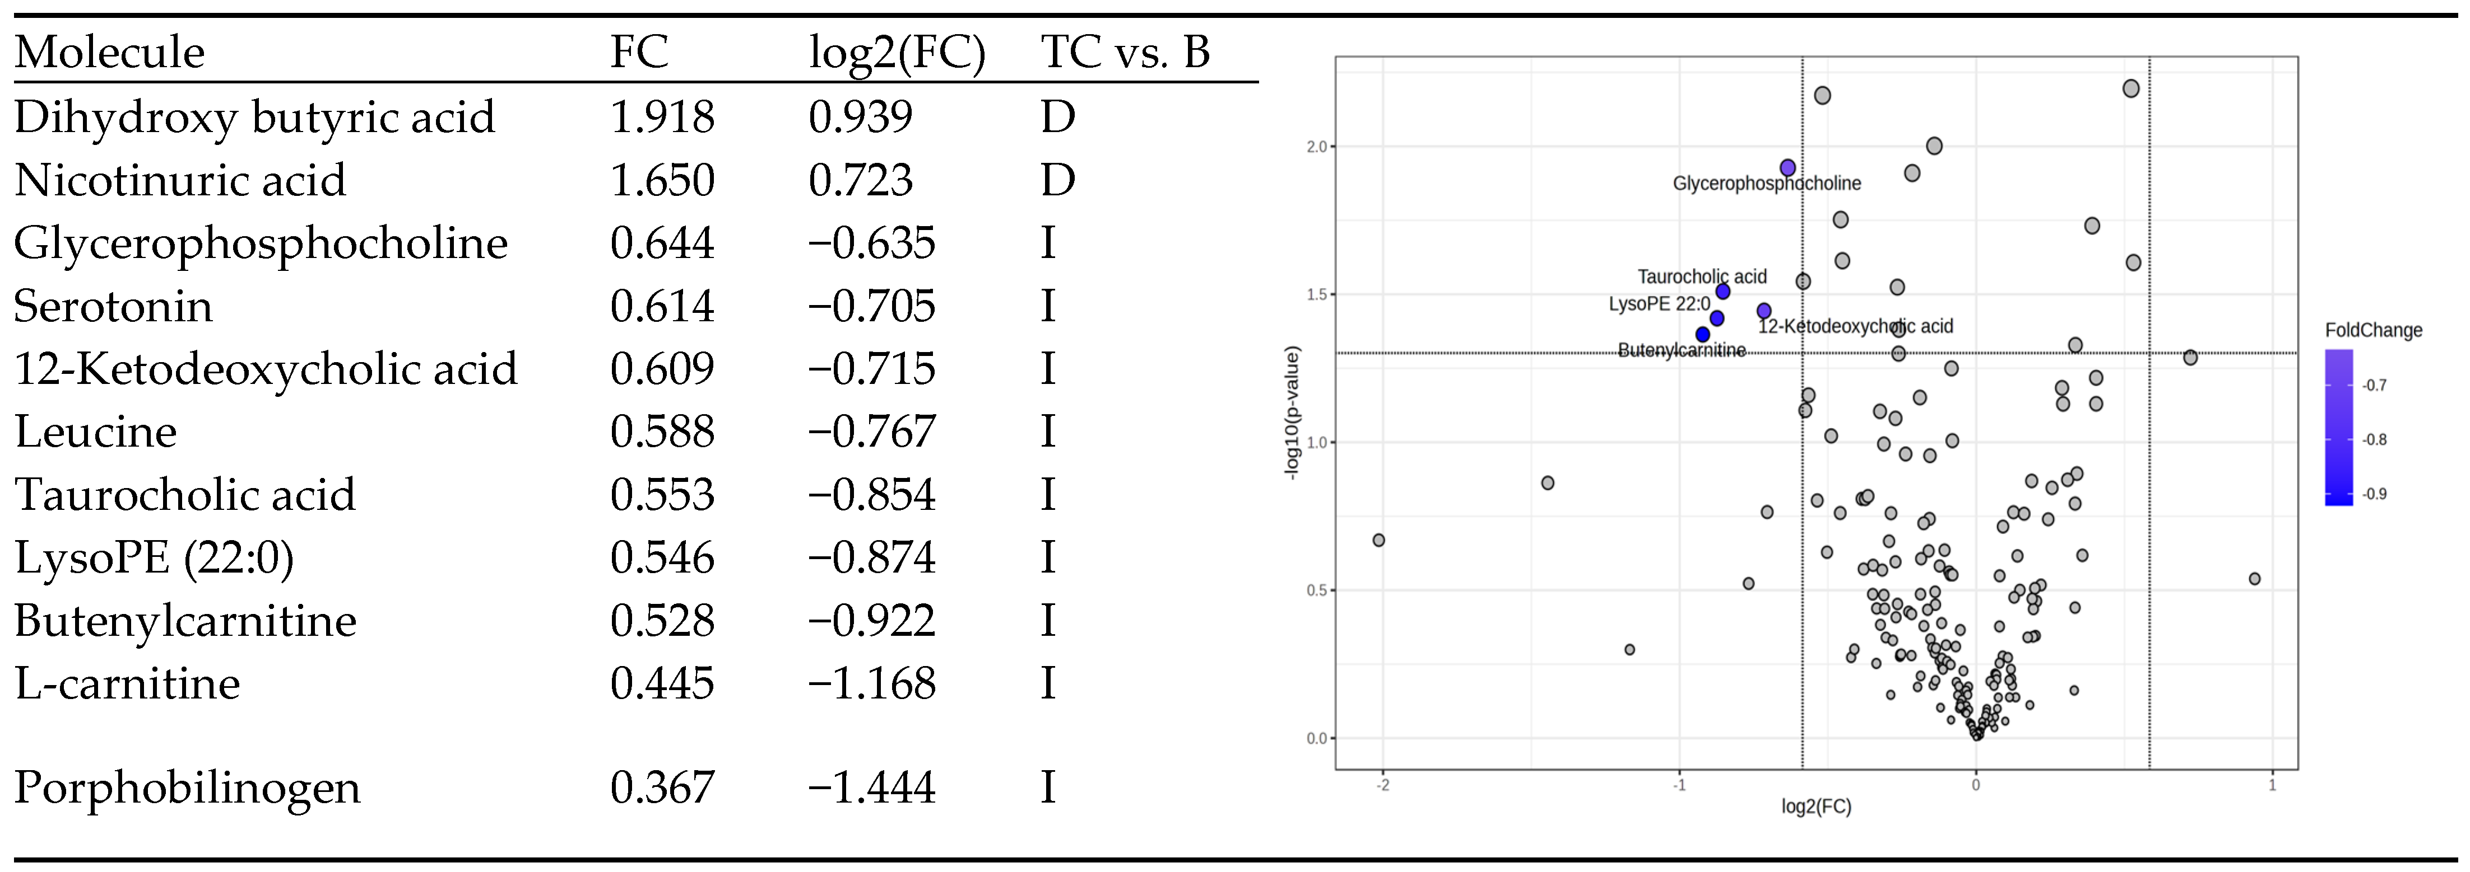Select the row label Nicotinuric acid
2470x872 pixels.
pos(180,180)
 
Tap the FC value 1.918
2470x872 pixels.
pos(662,117)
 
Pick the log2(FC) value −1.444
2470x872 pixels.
pos(871,787)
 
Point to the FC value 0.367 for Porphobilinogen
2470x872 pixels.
pos(662,787)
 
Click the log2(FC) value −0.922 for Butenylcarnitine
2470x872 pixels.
pos(871,621)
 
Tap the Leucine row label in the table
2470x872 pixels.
pos(96,432)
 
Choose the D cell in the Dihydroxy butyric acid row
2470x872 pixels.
pos(1057,117)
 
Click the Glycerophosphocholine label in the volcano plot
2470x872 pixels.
pos(1766,183)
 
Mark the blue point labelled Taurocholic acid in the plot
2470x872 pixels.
pos(1722,291)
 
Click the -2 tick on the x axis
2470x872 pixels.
pos(1383,785)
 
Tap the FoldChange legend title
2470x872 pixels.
pos(2373,331)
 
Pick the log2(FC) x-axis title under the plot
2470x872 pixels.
pos(1816,807)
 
